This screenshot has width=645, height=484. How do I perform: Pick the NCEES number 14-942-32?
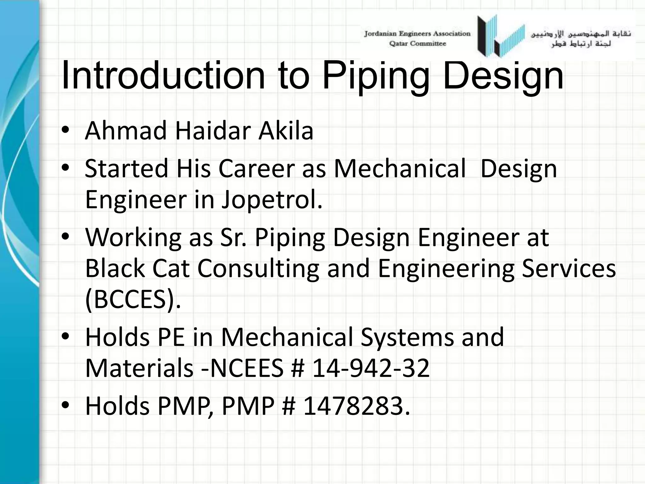(370, 368)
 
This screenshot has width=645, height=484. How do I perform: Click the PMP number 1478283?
(357, 406)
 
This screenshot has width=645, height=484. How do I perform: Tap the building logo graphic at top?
(501, 36)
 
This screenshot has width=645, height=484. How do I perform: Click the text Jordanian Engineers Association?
(417, 34)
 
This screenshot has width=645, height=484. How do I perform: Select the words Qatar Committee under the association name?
(418, 44)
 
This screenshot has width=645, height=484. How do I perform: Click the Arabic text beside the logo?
(581, 38)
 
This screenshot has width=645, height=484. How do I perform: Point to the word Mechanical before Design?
(399, 169)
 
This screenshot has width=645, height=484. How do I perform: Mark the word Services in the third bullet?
(569, 268)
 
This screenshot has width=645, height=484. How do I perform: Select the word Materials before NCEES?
(139, 368)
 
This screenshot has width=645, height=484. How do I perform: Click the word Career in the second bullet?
(256, 169)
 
